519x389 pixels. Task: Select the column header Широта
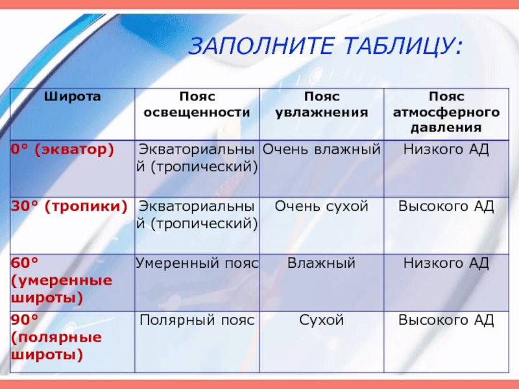72,97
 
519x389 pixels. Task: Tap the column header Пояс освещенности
197,104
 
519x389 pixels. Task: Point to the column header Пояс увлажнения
322,104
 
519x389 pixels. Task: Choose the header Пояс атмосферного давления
446,112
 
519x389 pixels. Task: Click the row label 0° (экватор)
62,150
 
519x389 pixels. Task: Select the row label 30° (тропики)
69,206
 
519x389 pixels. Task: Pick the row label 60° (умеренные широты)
62,281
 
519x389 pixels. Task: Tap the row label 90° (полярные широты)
56,337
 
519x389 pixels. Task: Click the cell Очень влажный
322,150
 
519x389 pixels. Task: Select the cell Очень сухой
322,206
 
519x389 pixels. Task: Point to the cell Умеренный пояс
197,263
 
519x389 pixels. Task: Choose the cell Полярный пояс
197,320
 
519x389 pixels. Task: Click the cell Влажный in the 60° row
322,263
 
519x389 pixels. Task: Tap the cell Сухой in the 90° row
322,320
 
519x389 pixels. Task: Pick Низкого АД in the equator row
446,150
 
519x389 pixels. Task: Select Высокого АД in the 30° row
446,206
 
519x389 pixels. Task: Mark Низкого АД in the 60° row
446,263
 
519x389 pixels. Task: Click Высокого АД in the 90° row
446,320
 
